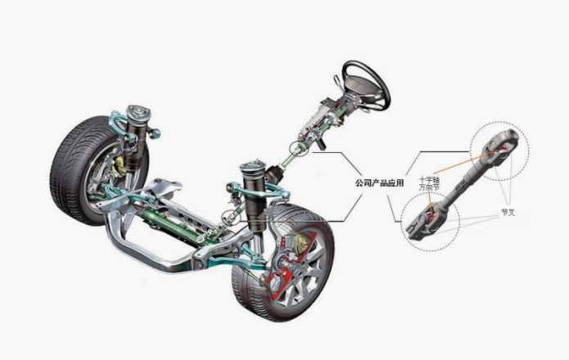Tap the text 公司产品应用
tap(379, 182)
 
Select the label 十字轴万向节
tap(429, 183)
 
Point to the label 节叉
tap(508, 213)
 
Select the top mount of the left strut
tap(138, 113)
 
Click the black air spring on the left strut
tap(137, 145)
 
